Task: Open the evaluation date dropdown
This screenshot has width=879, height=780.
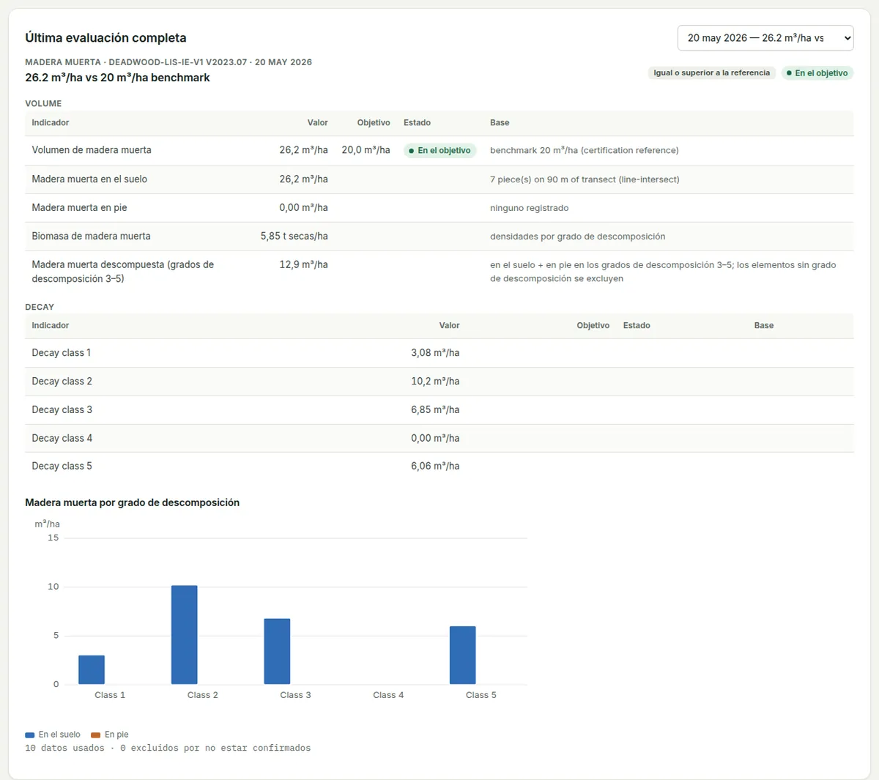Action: (x=765, y=38)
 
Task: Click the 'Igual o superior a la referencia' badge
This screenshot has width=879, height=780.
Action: (x=711, y=73)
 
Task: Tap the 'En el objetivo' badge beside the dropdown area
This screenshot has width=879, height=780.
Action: (x=817, y=73)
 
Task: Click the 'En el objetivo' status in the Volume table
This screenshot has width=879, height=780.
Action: (x=440, y=151)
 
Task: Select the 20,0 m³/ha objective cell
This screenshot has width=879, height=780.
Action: (x=366, y=150)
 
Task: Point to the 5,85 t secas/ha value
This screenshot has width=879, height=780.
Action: (x=294, y=236)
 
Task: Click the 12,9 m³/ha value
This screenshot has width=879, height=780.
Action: (x=304, y=264)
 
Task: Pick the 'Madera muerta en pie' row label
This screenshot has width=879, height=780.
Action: (x=79, y=208)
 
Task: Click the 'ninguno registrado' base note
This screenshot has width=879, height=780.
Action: (x=530, y=208)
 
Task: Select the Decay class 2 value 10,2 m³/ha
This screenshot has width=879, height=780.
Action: (x=435, y=382)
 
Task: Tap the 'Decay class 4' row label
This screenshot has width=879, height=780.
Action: (x=62, y=438)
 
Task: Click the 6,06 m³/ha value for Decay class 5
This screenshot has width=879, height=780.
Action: (x=435, y=466)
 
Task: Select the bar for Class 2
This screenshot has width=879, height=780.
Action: (x=185, y=635)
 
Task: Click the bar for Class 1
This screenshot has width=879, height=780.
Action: (x=92, y=669)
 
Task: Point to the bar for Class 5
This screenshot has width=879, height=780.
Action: (x=462, y=655)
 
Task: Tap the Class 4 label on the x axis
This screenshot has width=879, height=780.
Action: (x=388, y=695)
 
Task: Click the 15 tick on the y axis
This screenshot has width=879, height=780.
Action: (x=53, y=538)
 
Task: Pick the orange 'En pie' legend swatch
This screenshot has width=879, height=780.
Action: (x=95, y=735)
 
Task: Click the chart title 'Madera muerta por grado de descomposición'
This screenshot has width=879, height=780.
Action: (x=133, y=502)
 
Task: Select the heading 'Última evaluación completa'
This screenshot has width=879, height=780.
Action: (x=105, y=38)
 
